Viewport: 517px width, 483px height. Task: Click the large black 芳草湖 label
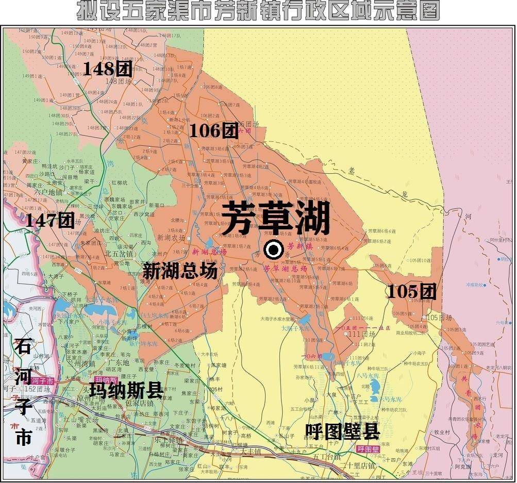click(x=276, y=218)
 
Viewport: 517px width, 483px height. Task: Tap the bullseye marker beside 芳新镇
click(x=273, y=251)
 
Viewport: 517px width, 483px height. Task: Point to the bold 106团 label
click(x=213, y=131)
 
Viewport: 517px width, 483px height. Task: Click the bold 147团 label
click(x=49, y=221)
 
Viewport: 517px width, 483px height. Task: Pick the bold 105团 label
click(x=411, y=292)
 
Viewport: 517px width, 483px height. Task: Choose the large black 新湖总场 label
click(x=179, y=271)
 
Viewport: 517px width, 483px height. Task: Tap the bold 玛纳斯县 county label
click(x=126, y=390)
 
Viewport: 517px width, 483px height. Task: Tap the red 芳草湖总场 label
click(x=285, y=269)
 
